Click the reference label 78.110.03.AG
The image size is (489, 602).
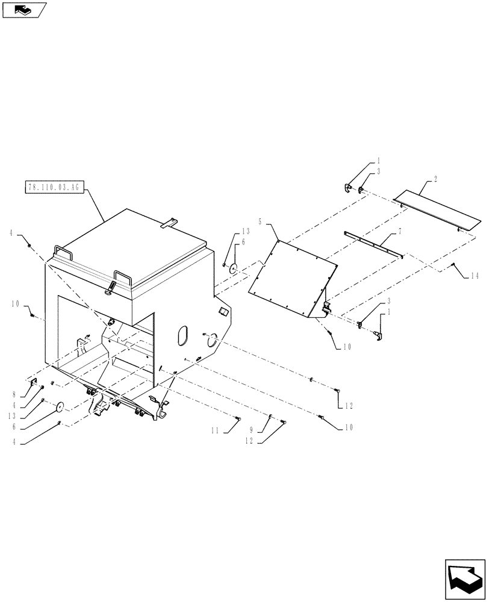coord(53,187)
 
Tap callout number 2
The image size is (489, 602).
coord(435,180)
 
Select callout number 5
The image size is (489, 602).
coord(260,222)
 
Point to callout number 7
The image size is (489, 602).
coord(399,231)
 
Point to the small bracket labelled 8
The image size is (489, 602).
coord(34,385)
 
